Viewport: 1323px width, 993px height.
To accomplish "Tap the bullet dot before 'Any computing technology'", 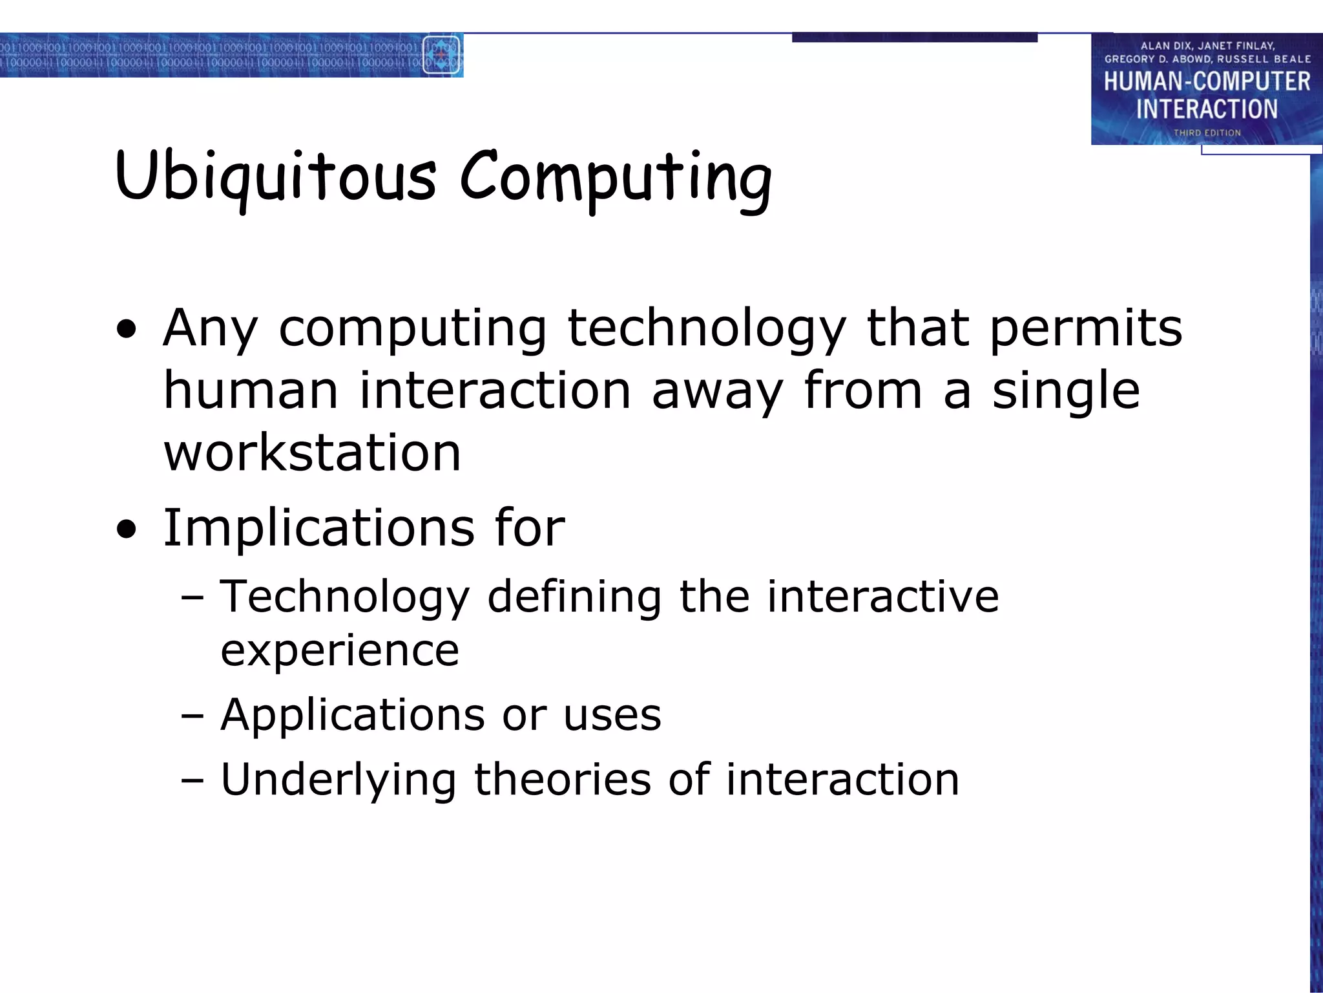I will (127, 329).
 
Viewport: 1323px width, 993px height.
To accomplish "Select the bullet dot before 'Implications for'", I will (127, 529).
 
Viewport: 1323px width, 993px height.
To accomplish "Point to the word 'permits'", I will (1085, 328).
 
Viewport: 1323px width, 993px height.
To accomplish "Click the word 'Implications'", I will (318, 528).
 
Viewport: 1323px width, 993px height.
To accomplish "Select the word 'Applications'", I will (352, 715).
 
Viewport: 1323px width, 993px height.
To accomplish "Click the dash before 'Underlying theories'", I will (192, 780).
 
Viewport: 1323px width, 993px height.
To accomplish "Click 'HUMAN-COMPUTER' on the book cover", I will (1207, 81).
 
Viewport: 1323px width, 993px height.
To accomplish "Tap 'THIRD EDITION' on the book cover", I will (1207, 133).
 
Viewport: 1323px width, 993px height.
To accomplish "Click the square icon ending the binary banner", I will (441, 55).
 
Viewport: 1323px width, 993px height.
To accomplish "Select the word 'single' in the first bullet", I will (1066, 390).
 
